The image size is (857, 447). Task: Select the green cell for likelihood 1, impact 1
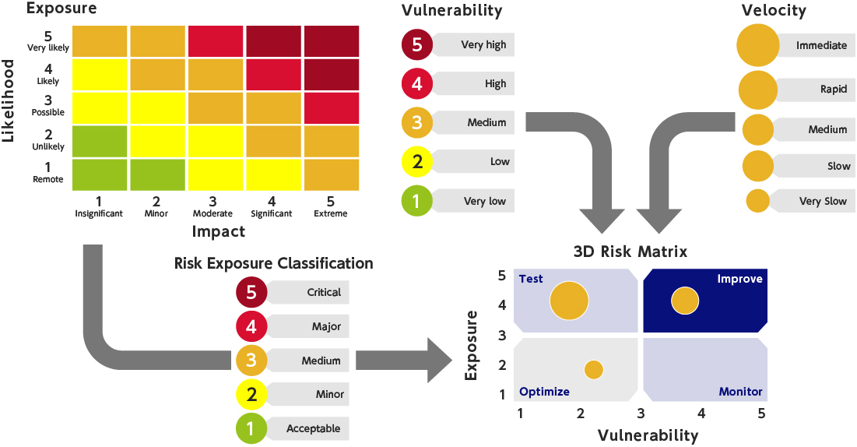pos(100,174)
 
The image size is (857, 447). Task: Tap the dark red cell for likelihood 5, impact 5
pos(331,40)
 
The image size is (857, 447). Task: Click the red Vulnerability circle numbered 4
pos(417,83)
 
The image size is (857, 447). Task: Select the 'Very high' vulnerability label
pos(483,44)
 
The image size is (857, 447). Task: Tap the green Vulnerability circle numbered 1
pos(417,201)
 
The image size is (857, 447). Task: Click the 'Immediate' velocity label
pos(820,45)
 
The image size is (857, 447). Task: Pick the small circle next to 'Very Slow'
pos(758,201)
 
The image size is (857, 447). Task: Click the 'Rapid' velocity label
pos(833,89)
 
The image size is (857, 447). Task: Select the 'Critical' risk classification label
pos(324,292)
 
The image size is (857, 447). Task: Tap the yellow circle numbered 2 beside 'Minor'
pos(251,394)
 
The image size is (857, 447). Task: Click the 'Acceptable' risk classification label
pos(314,428)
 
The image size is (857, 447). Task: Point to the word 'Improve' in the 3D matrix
pos(739,279)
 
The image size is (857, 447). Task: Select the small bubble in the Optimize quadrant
pos(594,370)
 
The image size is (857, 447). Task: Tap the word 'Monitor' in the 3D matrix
pos(740,392)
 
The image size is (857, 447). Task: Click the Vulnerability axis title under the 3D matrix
pos(648,435)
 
